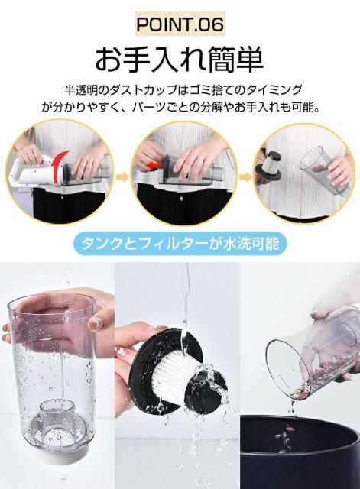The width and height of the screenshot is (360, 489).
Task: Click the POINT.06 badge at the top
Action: click(x=180, y=24)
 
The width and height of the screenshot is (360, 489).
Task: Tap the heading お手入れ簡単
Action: click(x=180, y=58)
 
